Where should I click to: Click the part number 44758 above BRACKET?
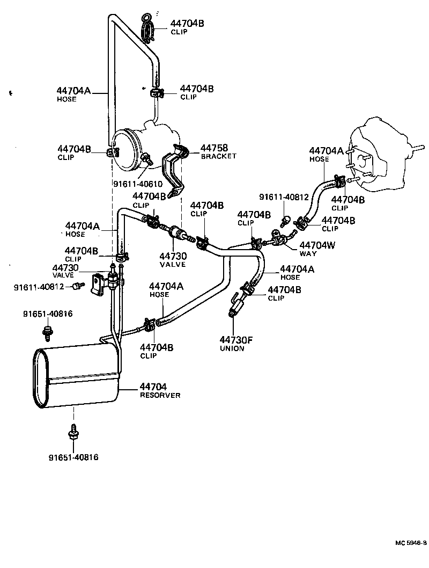pos(214,147)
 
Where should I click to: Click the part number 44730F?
pos(235,339)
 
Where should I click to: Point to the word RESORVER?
pos(160,395)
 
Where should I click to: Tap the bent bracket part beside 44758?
pos(173,169)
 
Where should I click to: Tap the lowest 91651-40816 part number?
pos(73,457)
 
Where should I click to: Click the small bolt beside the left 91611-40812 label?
pos(78,286)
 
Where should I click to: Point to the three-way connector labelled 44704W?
pos(279,239)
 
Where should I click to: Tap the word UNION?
pos(232,348)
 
